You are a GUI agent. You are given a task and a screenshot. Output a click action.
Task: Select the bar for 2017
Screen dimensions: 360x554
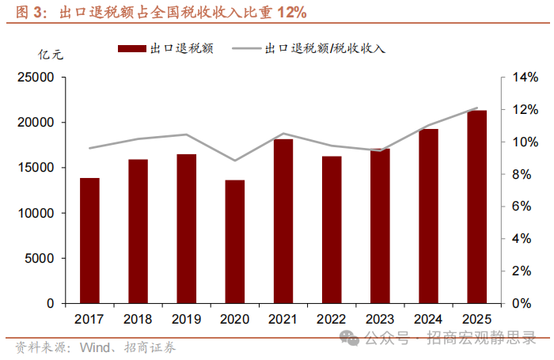coord(89,241)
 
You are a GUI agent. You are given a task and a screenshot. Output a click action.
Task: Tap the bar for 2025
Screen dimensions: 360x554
coord(476,207)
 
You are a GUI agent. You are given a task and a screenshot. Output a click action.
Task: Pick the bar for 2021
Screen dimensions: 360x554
coord(283,221)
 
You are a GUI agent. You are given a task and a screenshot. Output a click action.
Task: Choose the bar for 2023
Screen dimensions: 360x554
coord(380,225)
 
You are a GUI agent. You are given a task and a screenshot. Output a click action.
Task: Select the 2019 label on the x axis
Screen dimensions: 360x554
coord(187,318)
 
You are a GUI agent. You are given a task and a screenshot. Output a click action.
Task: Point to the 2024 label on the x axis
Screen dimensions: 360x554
coord(428,318)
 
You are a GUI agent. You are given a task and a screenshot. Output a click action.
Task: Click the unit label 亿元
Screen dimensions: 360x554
coord(49,54)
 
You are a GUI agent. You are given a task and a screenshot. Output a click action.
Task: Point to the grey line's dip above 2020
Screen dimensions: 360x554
coord(235,161)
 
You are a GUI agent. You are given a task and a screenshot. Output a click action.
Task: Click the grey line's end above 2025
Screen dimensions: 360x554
coord(476,108)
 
